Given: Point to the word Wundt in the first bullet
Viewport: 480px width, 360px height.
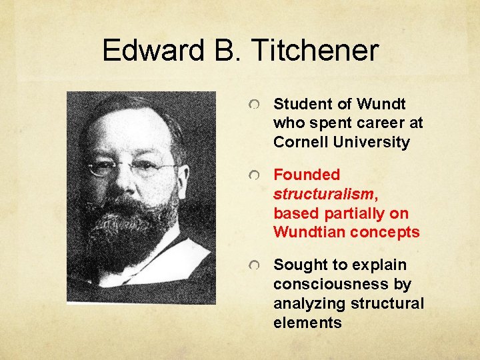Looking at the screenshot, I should pos(381,104).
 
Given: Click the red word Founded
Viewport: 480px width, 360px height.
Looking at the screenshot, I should pos(307,175).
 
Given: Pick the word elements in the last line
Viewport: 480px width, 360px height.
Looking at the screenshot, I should pos(307,323).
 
